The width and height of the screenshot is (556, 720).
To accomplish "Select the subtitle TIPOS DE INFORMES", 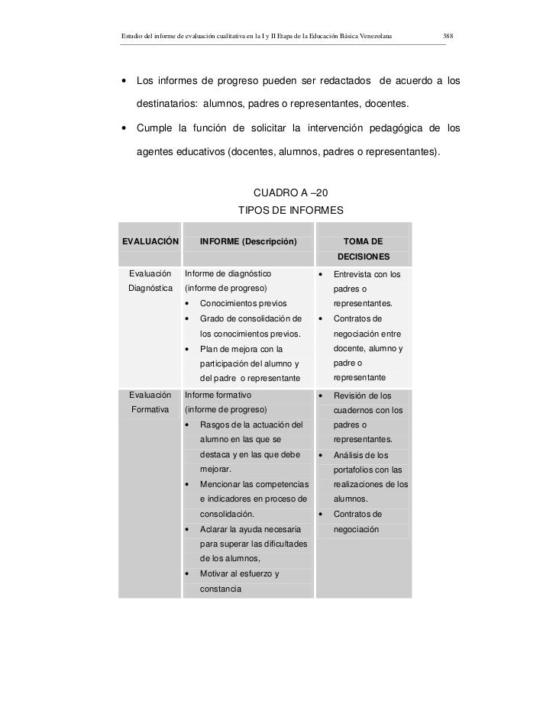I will pos(292,209).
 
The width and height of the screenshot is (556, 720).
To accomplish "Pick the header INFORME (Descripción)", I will pos(247,242).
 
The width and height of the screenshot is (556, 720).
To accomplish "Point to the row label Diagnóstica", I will pos(150,288).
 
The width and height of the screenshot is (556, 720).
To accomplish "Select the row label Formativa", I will pos(150,410).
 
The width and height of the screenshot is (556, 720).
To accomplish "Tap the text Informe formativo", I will pos(218,396).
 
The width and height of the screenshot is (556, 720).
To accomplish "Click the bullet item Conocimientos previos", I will pos(244,303).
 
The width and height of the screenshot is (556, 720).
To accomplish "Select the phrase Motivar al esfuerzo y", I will pos(239,574).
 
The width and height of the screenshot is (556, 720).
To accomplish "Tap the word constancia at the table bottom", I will pos(221,589).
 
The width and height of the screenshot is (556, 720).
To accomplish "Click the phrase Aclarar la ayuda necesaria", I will pos(250,529).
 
